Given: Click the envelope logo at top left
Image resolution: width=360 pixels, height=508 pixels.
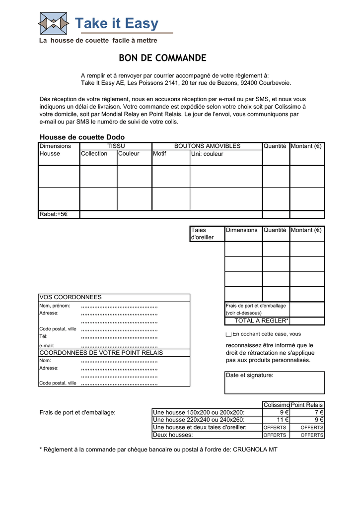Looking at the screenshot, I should coord(54,23).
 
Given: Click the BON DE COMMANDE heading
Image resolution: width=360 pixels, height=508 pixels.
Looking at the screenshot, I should coord(162,58).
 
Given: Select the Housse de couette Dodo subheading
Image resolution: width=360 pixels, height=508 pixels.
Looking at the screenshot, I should coord(82,137).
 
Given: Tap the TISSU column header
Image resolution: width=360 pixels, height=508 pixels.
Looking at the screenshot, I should coord(116,146).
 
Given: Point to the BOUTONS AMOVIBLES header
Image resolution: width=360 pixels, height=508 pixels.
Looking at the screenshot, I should coord(207,146).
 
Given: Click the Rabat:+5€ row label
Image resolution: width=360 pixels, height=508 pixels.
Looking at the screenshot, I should coord(53,214).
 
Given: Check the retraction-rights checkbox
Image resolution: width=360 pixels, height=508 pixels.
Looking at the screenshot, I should coord(228,335).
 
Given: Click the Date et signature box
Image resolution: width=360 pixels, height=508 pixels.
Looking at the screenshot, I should coord(275,382).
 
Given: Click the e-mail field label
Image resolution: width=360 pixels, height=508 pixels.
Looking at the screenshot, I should coord(47,345).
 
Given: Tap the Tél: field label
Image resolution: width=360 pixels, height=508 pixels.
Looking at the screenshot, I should coord(43,336).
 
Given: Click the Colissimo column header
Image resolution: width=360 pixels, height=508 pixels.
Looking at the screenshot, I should coord(276,405).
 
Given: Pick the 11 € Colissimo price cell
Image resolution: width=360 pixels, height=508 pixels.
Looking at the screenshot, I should coord(276,420).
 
